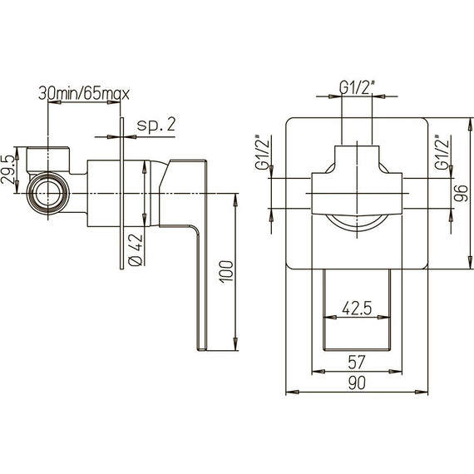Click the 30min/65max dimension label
[83, 93]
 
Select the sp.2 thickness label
[156, 126]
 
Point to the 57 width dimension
[357, 363]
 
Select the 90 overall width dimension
[358, 382]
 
